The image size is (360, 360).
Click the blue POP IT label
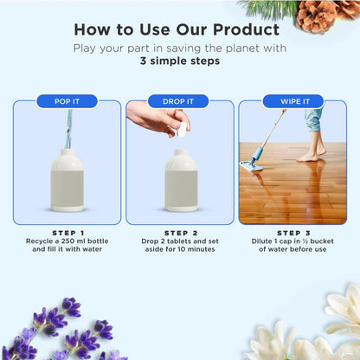click(x=67, y=101)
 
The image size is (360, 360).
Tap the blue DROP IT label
click(x=179, y=101)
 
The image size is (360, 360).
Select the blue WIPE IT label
click(x=292, y=101)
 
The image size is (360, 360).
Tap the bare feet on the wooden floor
click(x=307, y=155)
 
